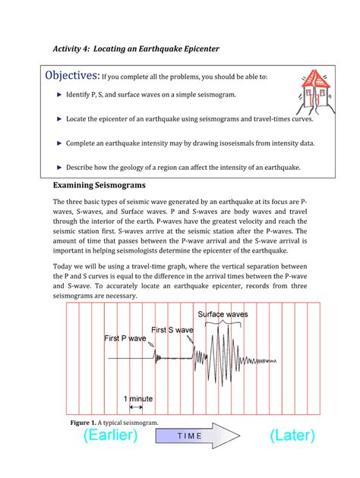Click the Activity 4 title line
point(136,49)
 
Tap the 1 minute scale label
point(139,398)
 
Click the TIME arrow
point(204,437)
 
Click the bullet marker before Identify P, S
point(60,96)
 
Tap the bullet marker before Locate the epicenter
point(60,119)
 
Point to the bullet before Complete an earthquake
point(60,143)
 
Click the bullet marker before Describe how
point(60,166)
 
